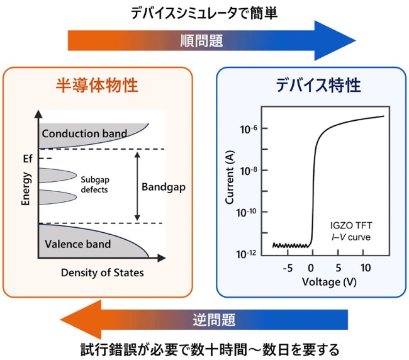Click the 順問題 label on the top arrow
201,41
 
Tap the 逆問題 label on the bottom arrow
214,320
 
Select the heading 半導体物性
97,86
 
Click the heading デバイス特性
318,86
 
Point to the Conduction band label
84,133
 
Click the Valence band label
78,244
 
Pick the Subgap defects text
95,184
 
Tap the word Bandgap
164,187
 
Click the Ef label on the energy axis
28,159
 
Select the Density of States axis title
102,273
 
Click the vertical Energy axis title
26,189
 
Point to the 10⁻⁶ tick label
249,129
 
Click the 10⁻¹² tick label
246,254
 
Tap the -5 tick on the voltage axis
288,268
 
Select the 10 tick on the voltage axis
366,268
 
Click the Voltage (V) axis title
329,282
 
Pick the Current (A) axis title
230,177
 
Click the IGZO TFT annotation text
351,225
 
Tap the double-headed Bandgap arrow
137,186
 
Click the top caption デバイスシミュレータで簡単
204,13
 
